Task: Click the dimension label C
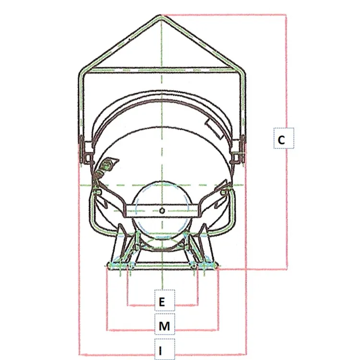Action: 281,140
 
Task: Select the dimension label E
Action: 162,302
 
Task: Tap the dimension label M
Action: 164,326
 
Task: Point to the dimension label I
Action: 161,350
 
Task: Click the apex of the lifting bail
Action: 161,16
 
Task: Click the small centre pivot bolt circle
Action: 162,211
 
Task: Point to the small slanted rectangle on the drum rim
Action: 214,130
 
